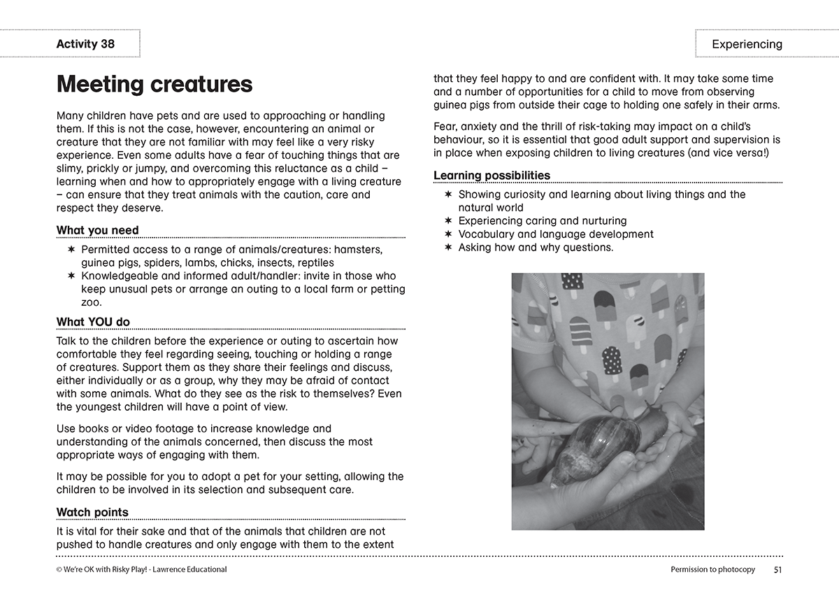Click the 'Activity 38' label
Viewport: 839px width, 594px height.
tap(85, 44)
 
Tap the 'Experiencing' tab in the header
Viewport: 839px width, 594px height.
tap(747, 44)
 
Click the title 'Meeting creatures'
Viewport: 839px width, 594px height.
tap(155, 85)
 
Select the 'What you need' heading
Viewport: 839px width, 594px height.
tap(98, 230)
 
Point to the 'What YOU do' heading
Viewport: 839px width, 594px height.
tap(93, 322)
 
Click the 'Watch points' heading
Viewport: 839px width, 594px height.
tap(92, 512)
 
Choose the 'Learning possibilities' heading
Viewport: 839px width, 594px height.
tap(492, 175)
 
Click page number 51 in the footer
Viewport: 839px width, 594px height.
tap(777, 570)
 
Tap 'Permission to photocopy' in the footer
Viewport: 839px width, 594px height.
tap(712, 570)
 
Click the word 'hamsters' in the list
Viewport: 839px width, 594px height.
tap(359, 249)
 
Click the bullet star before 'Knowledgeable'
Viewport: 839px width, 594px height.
tap(71, 276)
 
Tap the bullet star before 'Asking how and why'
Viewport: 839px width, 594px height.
tap(448, 248)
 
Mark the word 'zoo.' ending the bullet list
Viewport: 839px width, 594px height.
tap(92, 302)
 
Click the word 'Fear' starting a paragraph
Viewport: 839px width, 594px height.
tap(445, 126)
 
